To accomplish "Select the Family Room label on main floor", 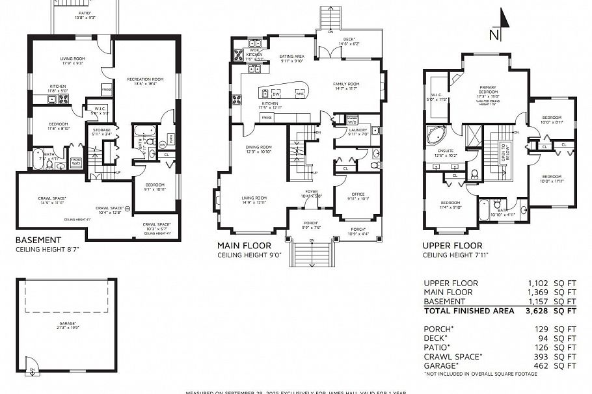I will tap(346, 86).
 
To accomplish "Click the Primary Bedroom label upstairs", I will tap(492, 89).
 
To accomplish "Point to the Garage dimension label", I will tap(67, 324).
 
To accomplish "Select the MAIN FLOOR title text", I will tap(245, 246).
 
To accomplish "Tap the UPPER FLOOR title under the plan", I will tap(452, 246).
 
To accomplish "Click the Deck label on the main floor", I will tap(349, 40).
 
